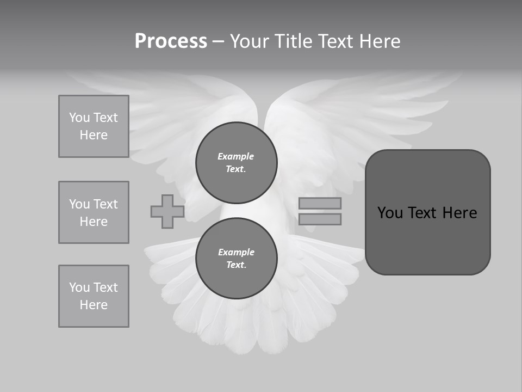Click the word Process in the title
(x=171, y=41)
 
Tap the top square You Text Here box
(x=94, y=126)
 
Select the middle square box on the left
(x=94, y=212)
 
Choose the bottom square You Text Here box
(x=94, y=296)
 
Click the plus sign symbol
(x=167, y=211)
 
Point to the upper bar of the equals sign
(x=320, y=203)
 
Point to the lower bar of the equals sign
(x=320, y=219)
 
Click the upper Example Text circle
(x=237, y=162)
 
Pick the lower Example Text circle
(x=237, y=258)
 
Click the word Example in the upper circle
(x=236, y=156)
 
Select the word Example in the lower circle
(x=236, y=252)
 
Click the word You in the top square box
(x=79, y=118)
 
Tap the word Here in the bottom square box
(x=94, y=305)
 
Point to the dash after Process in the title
(x=218, y=42)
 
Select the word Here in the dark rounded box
(x=459, y=213)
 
